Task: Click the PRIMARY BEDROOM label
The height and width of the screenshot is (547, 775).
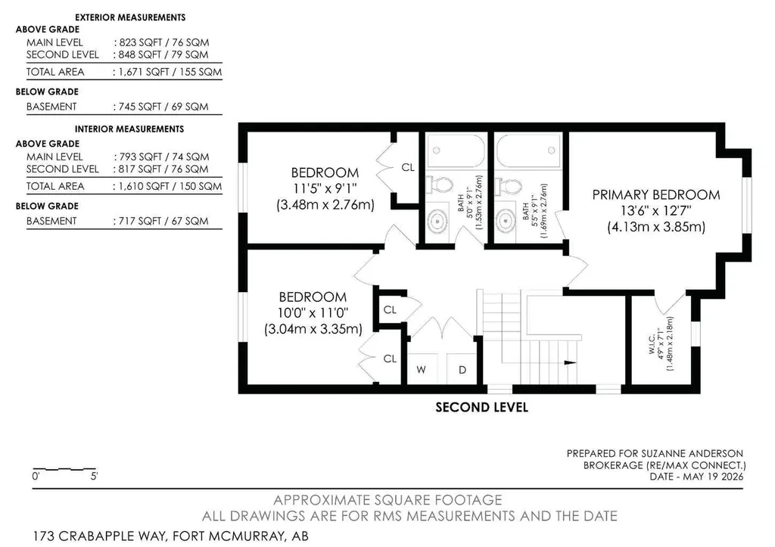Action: (656, 194)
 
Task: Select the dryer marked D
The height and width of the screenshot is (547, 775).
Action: (462, 369)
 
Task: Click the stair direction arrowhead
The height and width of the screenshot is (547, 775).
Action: (571, 362)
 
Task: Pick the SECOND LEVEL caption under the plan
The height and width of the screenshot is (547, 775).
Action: (482, 407)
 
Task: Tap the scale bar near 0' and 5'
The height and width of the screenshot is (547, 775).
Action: (64, 468)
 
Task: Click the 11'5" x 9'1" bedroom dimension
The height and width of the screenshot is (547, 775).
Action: (324, 188)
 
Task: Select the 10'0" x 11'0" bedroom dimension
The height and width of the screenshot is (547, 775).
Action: (313, 312)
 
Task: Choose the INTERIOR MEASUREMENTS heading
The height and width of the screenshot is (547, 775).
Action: (129, 129)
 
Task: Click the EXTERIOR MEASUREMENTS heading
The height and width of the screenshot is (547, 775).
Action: (130, 17)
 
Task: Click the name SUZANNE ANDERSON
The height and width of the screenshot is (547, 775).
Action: (692, 453)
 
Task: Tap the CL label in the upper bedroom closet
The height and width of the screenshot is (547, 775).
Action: (408, 167)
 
